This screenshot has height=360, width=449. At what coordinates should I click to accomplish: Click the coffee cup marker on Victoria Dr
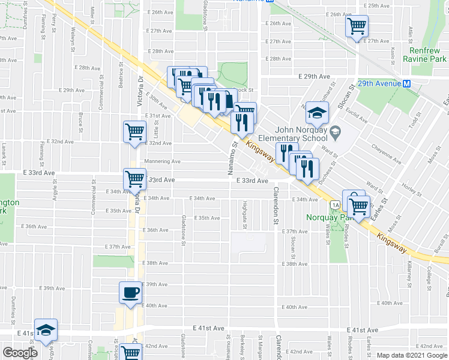(x=130, y=293)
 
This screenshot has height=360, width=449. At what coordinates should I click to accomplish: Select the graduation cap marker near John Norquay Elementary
(x=317, y=112)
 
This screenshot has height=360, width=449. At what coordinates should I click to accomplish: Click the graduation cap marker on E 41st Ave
(x=46, y=330)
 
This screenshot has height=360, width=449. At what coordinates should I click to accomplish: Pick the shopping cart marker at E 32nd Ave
(x=135, y=131)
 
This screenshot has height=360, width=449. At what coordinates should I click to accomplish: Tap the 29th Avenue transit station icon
(x=407, y=83)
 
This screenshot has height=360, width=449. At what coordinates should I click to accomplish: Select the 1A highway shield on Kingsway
(x=334, y=205)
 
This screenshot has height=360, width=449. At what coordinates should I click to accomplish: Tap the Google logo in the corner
(x=20, y=353)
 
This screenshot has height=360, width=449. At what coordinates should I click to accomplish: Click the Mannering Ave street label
(x=162, y=161)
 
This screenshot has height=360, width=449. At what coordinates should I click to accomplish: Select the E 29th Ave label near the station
(x=315, y=76)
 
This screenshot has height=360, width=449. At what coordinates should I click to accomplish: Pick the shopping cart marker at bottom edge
(x=130, y=353)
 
